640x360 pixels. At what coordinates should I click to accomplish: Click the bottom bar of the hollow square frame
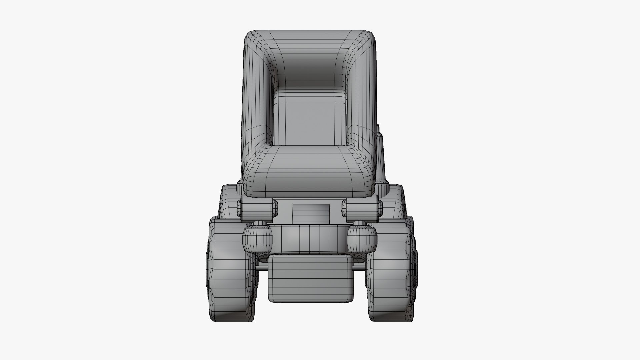pyautogui.click(x=310, y=173)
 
